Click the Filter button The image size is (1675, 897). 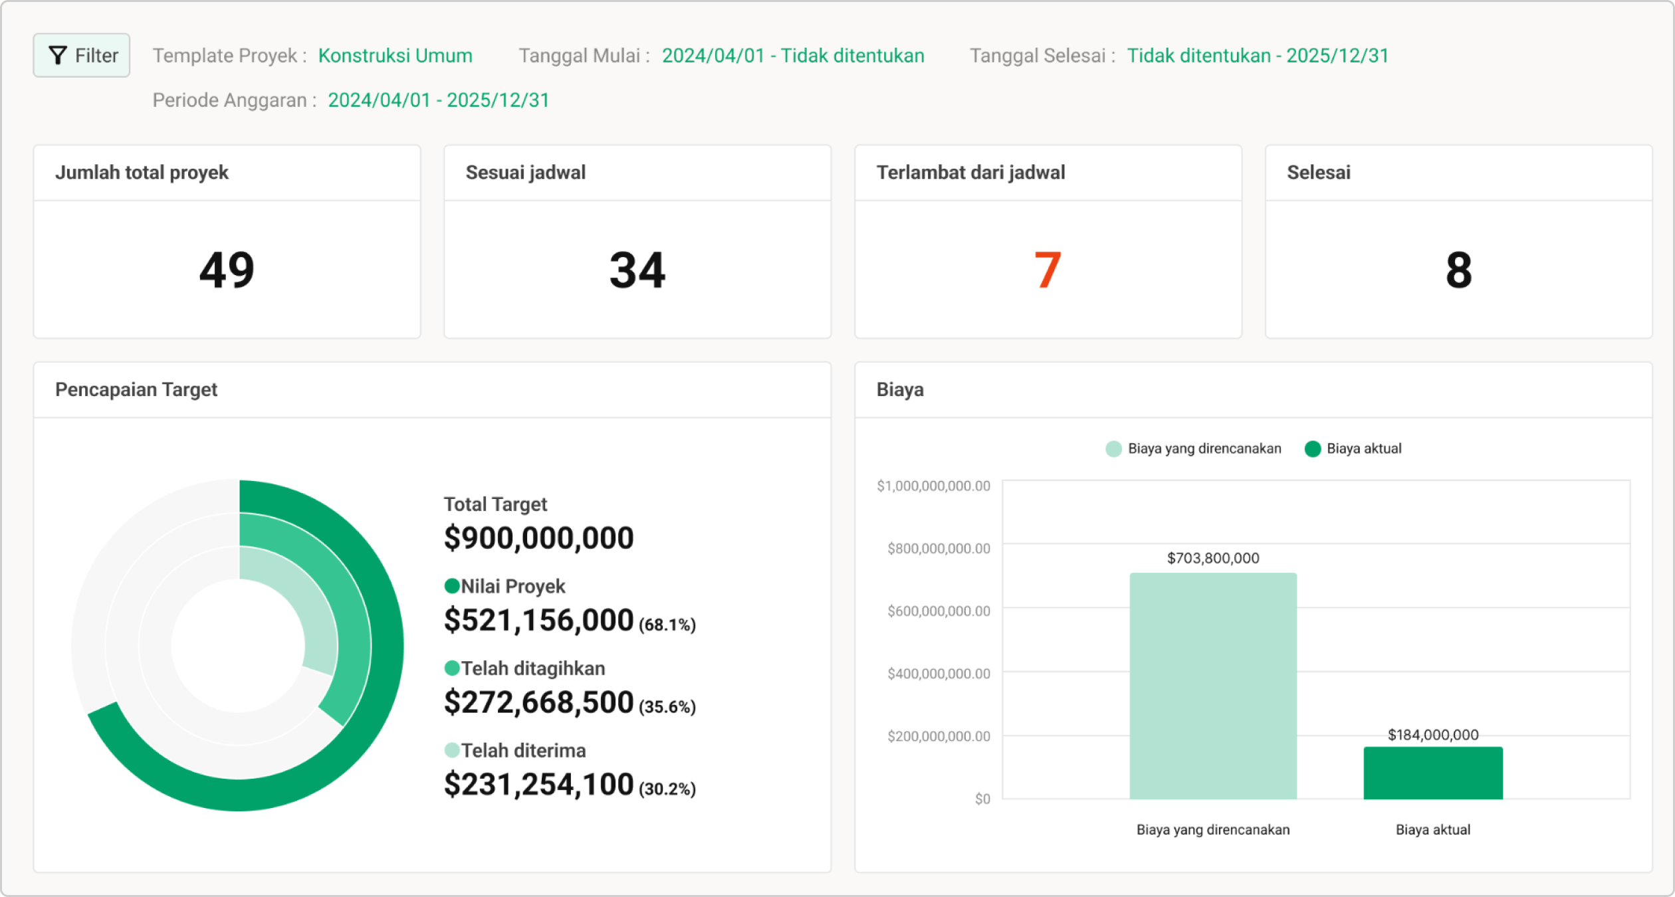click(x=82, y=55)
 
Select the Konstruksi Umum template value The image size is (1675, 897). click(x=395, y=56)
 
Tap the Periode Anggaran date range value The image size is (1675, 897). click(x=438, y=100)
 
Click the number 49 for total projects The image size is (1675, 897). click(x=227, y=270)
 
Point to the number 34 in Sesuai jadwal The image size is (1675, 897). click(x=637, y=270)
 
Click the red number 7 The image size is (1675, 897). click(x=1048, y=270)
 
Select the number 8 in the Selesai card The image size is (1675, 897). click(x=1458, y=270)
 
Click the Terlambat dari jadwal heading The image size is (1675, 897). click(x=970, y=173)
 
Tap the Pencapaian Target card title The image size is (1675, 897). click(x=136, y=389)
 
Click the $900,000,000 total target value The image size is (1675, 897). click(x=538, y=538)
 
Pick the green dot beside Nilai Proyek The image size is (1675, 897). click(x=452, y=586)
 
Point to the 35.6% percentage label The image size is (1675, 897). click(x=667, y=707)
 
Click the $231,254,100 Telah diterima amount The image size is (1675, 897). click(x=538, y=785)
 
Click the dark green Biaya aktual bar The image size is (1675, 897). click(x=1433, y=773)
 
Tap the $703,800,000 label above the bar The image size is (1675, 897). click(x=1213, y=558)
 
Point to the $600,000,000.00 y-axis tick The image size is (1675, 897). click(x=939, y=611)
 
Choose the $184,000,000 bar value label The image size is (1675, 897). click(x=1433, y=735)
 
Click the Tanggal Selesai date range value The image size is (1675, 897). click(x=1258, y=56)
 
